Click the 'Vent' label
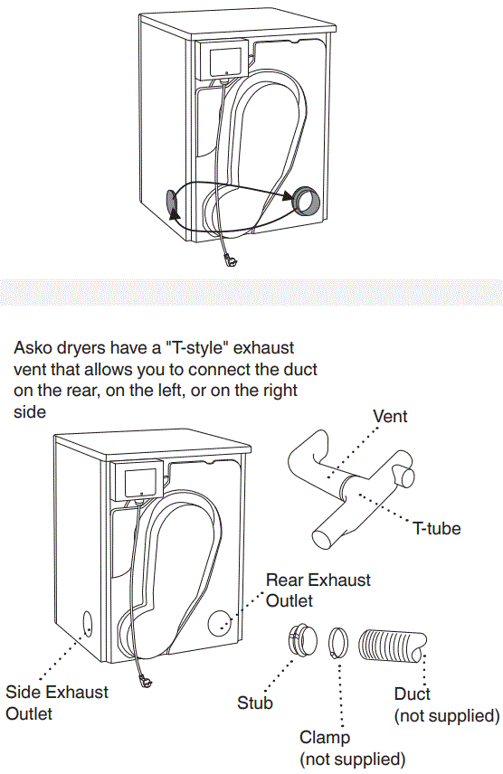390,417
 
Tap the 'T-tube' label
436,529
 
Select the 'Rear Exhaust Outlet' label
318,590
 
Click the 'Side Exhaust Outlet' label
56,703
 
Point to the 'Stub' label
255,702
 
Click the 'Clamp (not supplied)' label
352,748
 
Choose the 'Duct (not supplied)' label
447,705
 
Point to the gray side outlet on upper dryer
171,204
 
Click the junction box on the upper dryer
223,61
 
